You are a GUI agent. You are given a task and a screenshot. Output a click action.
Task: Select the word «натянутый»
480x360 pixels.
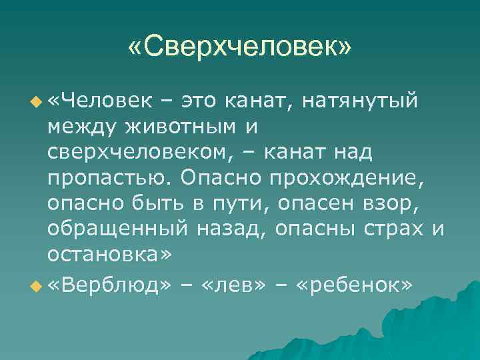coord(360,101)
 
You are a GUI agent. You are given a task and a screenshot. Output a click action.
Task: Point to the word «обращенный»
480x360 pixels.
coord(117,229)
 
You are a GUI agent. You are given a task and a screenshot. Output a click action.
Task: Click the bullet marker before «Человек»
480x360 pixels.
coord(36,102)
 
